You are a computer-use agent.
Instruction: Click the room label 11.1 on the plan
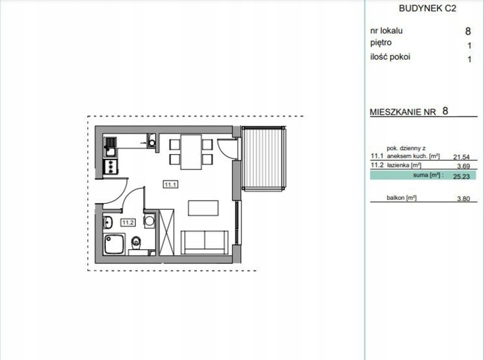(x=170, y=184)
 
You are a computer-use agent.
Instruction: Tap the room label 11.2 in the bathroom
(x=128, y=222)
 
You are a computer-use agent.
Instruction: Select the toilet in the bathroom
(x=136, y=244)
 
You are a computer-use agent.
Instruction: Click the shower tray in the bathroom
(x=114, y=244)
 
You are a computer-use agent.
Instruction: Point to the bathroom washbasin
(x=108, y=222)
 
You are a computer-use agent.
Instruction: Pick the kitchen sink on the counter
(x=110, y=147)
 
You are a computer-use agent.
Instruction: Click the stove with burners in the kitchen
(x=111, y=167)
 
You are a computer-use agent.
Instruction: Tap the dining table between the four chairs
(x=191, y=152)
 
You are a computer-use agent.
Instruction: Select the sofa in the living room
(x=204, y=243)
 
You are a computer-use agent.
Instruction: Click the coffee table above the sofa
(x=203, y=208)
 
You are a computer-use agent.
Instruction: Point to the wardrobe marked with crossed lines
(x=167, y=232)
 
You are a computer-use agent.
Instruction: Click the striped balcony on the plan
(x=263, y=158)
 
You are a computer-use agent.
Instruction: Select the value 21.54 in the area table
(x=461, y=157)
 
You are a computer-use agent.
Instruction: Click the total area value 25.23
(x=461, y=176)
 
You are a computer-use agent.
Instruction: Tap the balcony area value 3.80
(x=463, y=199)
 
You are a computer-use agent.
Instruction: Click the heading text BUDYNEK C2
(x=427, y=9)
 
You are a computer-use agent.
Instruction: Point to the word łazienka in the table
(x=398, y=165)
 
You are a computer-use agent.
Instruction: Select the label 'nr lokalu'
(x=387, y=31)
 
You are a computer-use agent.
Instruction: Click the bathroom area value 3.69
(x=463, y=166)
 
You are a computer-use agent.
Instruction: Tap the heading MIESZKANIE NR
(x=403, y=112)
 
